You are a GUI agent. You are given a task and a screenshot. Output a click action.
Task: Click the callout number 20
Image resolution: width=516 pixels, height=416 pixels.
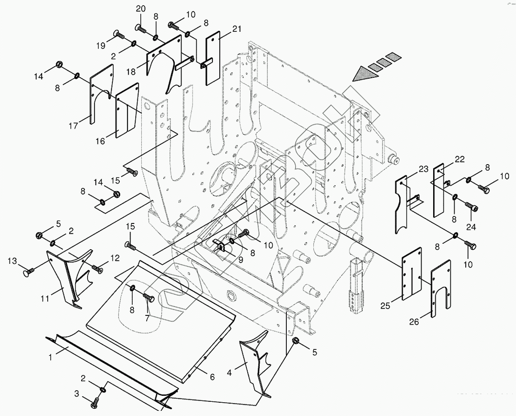[141, 9]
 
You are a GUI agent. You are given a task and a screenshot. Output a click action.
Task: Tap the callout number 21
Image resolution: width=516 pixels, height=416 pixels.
[237, 29]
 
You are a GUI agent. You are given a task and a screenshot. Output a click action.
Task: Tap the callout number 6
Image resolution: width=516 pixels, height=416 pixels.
[212, 376]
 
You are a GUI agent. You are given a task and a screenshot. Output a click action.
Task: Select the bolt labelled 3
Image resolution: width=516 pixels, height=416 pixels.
[95, 404]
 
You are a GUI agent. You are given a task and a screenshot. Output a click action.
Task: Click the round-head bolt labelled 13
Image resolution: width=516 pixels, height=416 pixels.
[27, 272]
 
